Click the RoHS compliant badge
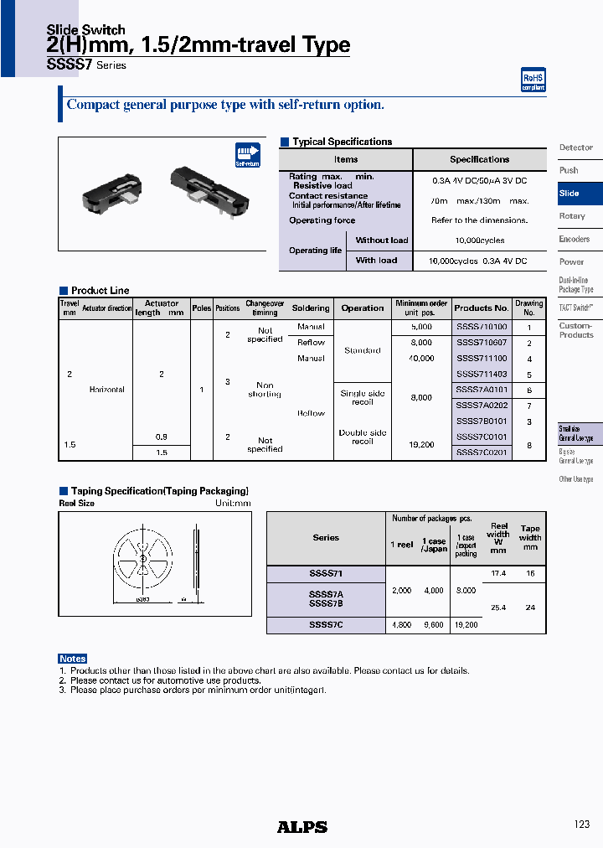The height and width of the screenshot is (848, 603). pyautogui.click(x=533, y=80)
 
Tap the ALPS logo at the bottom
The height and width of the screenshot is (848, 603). pyautogui.click(x=301, y=826)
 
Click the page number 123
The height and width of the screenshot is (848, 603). pyautogui.click(x=581, y=825)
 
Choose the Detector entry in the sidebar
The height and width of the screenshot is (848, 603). pyautogui.click(x=575, y=147)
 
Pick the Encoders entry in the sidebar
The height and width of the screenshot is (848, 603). pyautogui.click(x=574, y=239)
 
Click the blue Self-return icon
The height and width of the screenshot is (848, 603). pyautogui.click(x=248, y=156)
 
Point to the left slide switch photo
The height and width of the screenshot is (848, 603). pyautogui.click(x=111, y=189)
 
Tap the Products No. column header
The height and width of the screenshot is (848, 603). pyautogui.click(x=482, y=308)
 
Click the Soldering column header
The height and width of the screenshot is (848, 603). pyautogui.click(x=311, y=308)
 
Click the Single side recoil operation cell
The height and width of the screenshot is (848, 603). pyautogui.click(x=363, y=397)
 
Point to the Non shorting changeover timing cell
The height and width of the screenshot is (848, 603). pyautogui.click(x=265, y=390)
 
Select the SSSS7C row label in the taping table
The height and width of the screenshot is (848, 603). pyautogui.click(x=326, y=624)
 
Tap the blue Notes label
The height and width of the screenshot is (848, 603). pyautogui.click(x=73, y=659)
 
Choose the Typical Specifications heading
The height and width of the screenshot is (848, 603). pyautogui.click(x=342, y=142)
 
